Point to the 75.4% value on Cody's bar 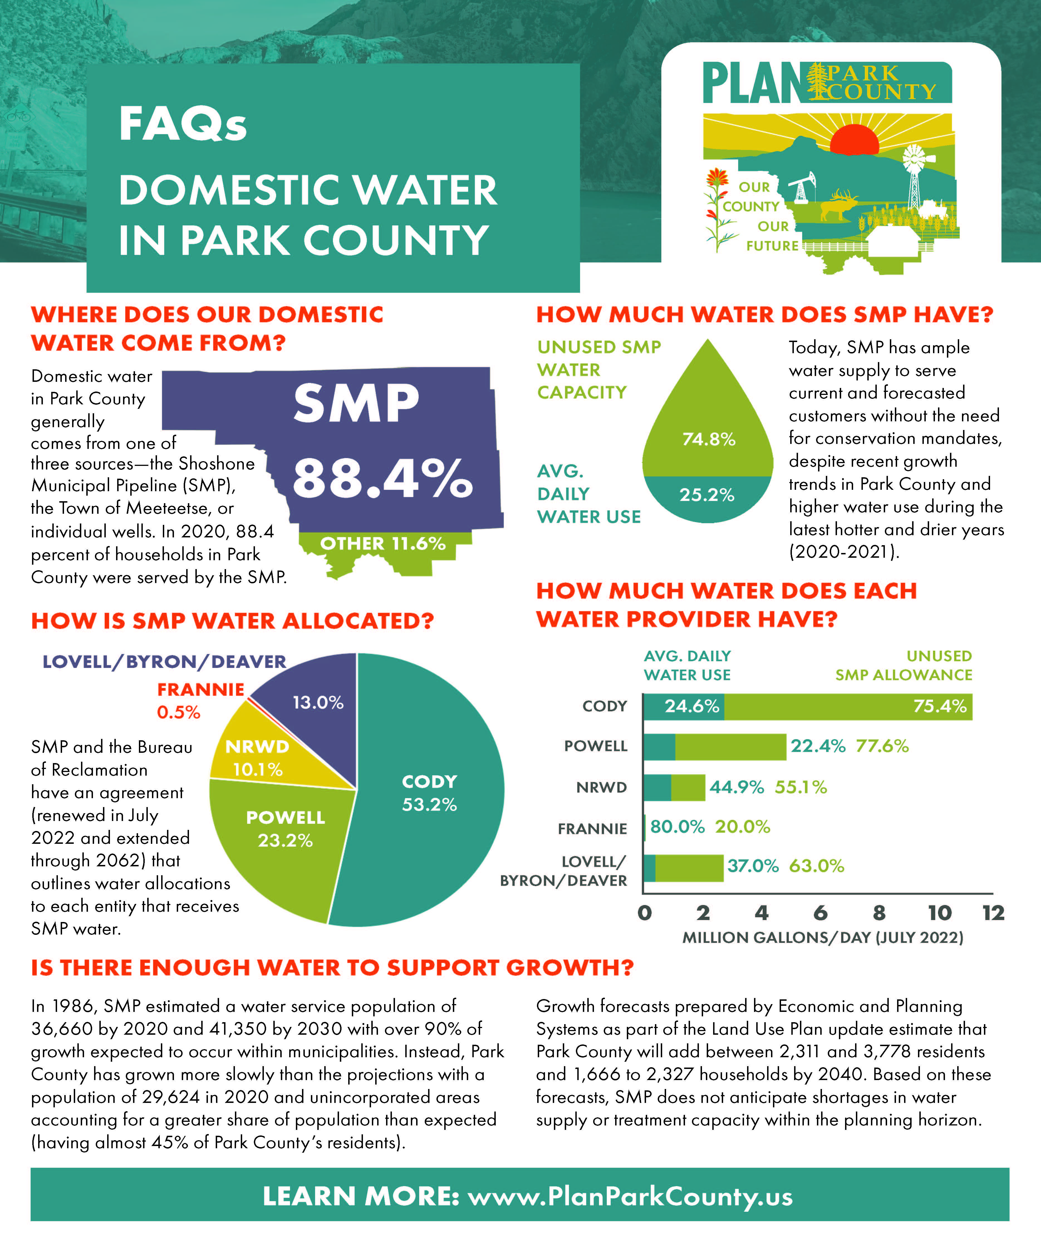(940, 706)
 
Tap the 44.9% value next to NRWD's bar (736, 787)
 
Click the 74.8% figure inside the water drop (708, 439)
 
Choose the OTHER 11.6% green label (382, 543)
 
